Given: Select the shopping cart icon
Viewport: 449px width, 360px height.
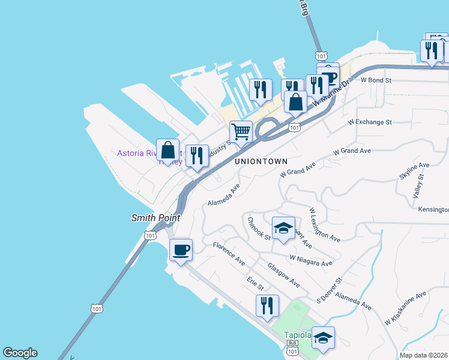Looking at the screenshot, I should (241, 131).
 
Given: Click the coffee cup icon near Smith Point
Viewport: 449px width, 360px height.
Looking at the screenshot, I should (180, 250).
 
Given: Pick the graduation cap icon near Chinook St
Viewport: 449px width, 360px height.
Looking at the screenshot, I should (283, 228).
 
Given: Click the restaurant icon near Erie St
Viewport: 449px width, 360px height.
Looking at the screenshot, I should (267, 305).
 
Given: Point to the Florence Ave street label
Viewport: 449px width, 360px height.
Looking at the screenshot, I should (229, 254).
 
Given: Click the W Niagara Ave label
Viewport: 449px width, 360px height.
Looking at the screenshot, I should (310, 260).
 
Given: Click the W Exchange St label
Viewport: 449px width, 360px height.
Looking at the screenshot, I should (370, 122).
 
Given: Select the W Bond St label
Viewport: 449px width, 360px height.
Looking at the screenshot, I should (376, 79).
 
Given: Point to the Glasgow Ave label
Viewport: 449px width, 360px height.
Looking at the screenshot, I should (283, 274).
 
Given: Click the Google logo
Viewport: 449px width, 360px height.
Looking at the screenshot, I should (20, 353).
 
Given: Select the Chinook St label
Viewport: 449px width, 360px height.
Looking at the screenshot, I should (259, 228).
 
